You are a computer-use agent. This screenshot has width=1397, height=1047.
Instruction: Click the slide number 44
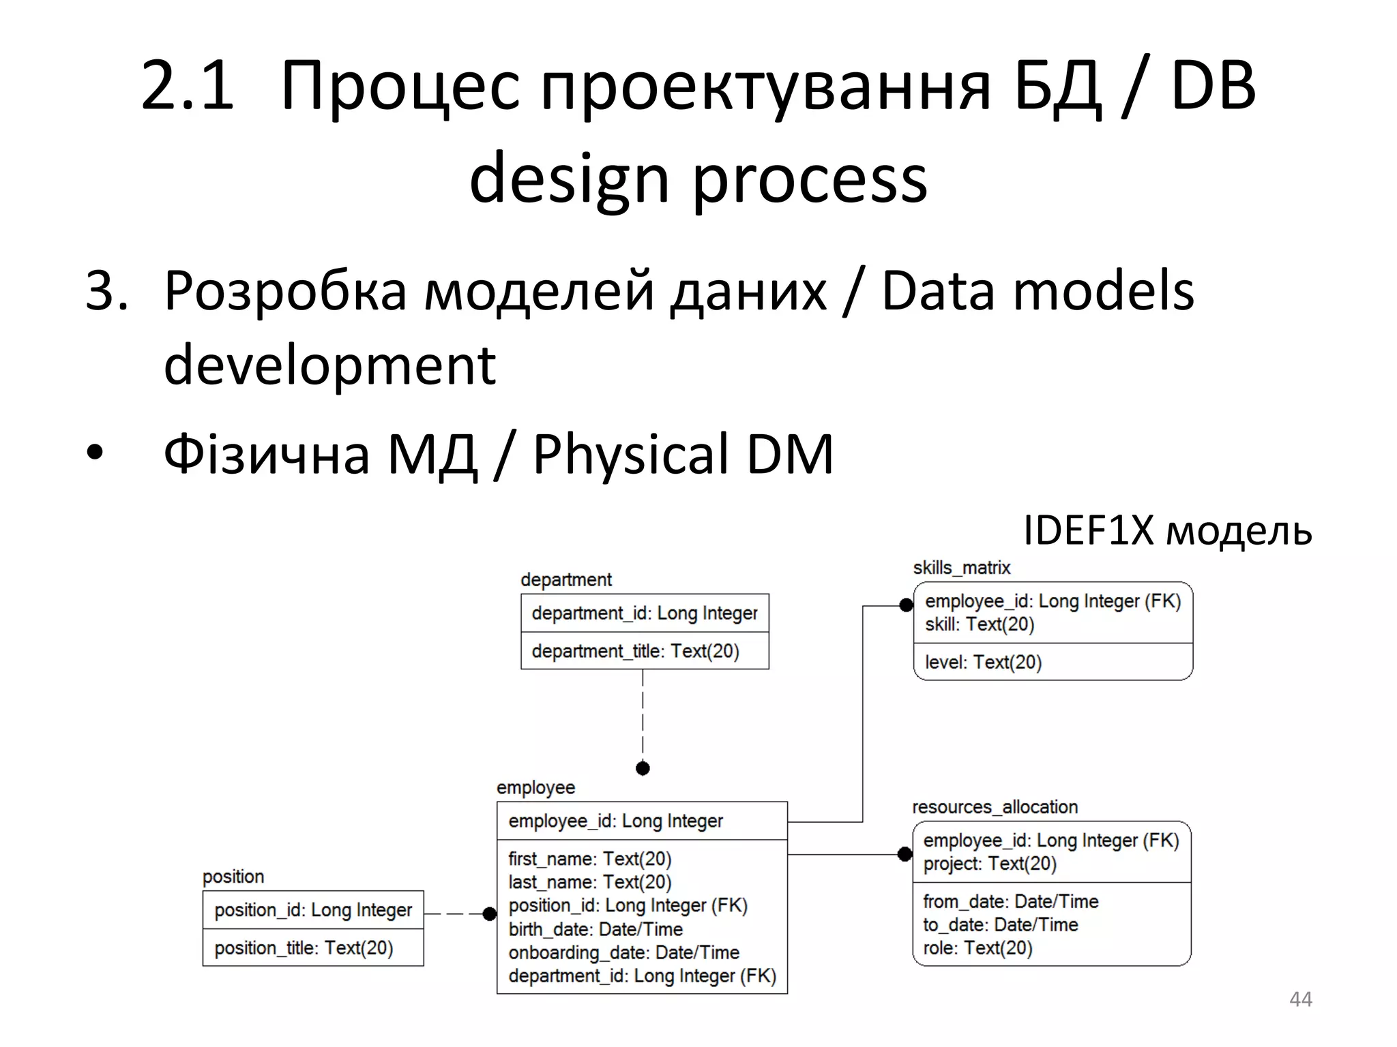[x=1300, y=999]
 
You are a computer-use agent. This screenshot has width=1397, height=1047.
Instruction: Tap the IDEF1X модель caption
[x=1167, y=530]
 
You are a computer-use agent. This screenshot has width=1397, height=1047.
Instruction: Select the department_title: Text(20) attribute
[x=635, y=651]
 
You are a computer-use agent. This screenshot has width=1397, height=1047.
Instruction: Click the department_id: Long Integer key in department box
[x=644, y=613]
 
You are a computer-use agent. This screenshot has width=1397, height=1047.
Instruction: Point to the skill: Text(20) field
[x=980, y=624]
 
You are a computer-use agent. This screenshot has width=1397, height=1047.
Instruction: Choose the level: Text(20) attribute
[x=983, y=662]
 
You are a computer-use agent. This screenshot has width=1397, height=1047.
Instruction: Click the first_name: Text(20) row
[x=589, y=859]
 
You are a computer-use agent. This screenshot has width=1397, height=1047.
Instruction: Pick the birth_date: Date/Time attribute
[x=595, y=929]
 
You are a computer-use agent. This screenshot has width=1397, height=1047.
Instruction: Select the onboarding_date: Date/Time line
[x=623, y=952]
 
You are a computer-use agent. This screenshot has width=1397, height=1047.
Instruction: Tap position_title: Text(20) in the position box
[x=304, y=948]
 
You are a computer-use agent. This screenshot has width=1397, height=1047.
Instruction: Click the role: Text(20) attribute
[x=977, y=948]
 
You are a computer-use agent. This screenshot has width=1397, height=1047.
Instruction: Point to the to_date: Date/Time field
[x=1000, y=925]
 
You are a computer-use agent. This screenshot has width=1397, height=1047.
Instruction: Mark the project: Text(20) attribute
[x=989, y=864]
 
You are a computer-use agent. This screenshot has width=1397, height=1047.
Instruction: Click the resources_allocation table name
[x=995, y=807]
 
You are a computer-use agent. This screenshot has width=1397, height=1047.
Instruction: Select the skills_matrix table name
[x=961, y=568]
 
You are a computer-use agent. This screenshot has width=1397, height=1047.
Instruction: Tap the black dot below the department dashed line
[x=643, y=768]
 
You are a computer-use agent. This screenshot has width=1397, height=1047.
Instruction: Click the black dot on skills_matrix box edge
[x=906, y=605]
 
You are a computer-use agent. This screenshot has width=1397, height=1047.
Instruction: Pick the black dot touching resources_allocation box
[x=905, y=854]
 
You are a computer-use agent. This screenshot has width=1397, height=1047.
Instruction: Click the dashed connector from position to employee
[x=454, y=913]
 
